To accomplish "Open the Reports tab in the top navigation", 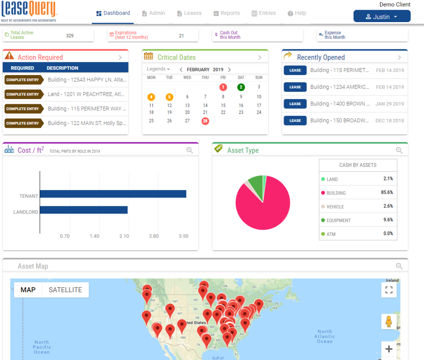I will pos(227,13).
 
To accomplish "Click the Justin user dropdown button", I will pos(382,17).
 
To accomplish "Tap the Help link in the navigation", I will pos(297,13).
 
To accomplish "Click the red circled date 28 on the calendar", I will pos(205,121).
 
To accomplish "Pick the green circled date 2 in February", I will pos(241,87).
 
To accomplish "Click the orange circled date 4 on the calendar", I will pos(151,97).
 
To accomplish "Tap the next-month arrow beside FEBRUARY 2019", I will pos(229,70).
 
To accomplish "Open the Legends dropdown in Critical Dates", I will pos(158,69).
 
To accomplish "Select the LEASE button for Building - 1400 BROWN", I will pos(295,104).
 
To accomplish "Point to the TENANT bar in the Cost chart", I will pos(113,194).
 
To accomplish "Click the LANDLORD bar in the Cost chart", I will pos(84,210).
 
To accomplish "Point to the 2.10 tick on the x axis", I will pos(124,236).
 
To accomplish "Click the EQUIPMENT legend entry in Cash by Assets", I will pos(339,220).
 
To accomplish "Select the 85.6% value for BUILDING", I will pos(387,193).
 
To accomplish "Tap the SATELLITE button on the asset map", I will pos(65,290).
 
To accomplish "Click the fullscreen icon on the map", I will pos(389,290).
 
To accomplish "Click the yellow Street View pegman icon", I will pos(389,322).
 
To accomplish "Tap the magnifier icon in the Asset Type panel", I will pos(399,150).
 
